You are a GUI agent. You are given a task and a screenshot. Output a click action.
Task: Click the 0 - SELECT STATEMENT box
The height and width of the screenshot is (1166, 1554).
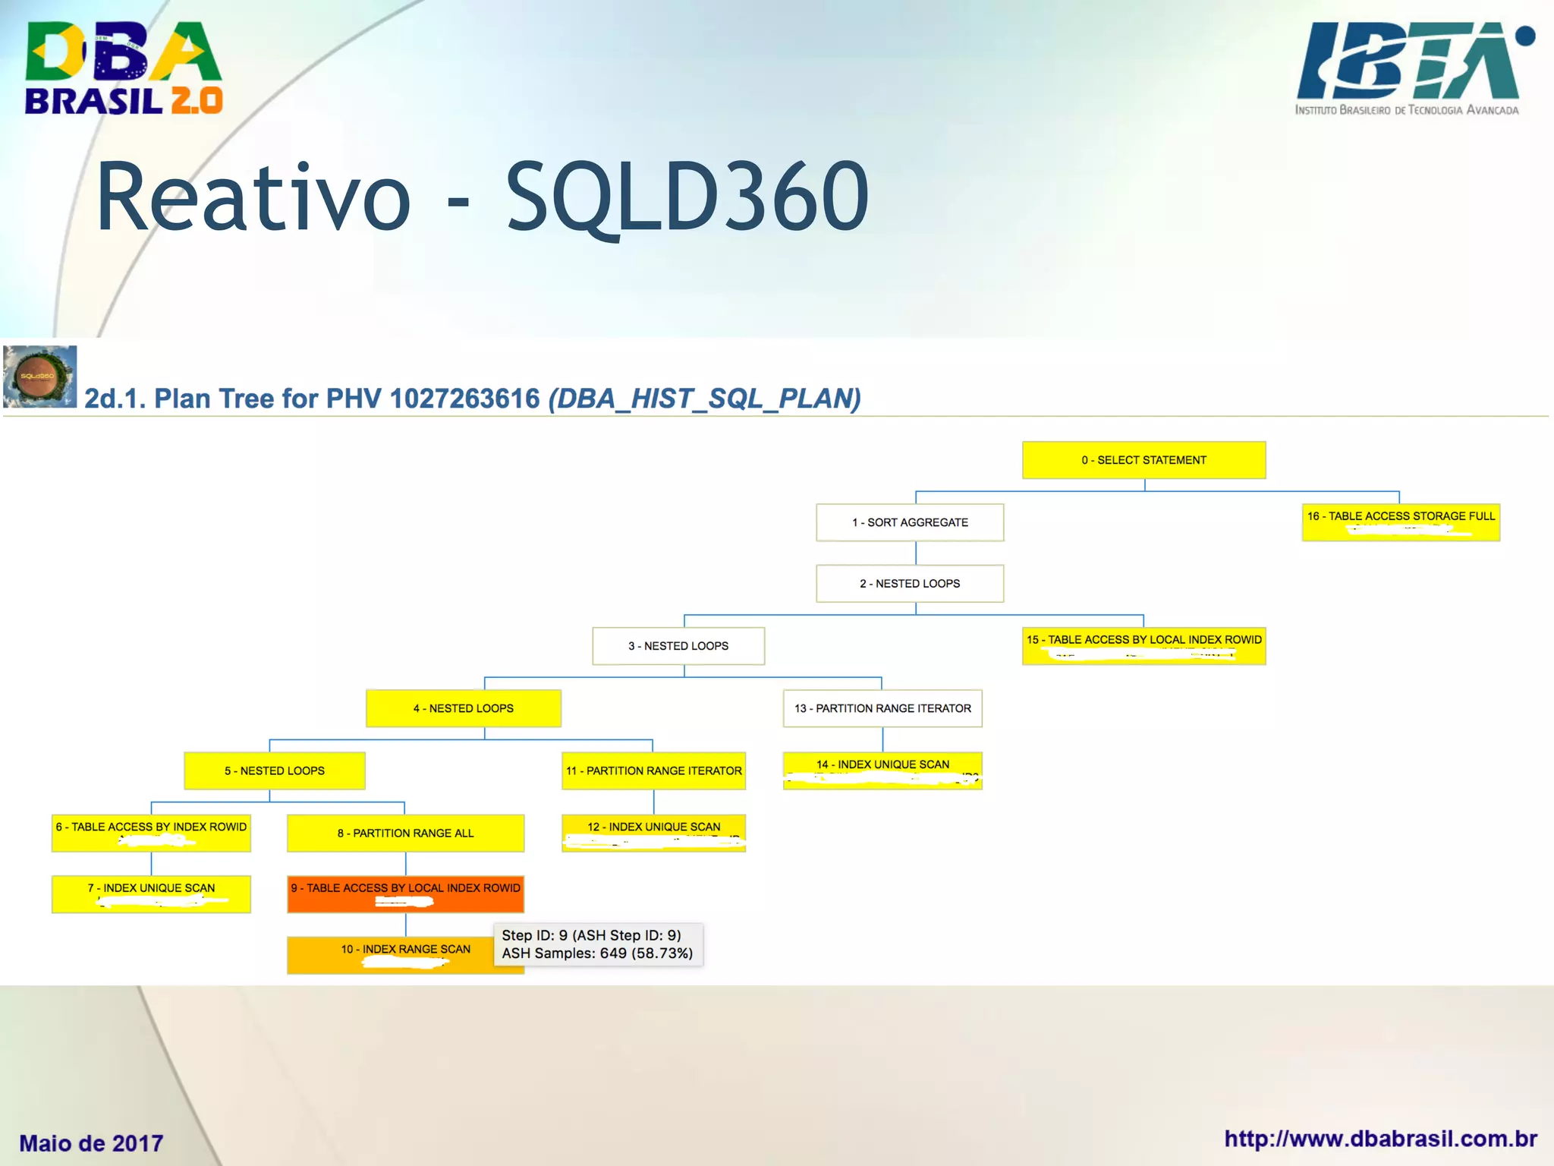1143,460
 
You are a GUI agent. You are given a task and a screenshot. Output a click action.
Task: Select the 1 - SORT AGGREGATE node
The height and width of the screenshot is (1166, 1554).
910,522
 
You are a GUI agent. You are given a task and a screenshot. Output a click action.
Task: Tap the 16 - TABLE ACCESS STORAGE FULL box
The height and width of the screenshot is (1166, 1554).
1401,522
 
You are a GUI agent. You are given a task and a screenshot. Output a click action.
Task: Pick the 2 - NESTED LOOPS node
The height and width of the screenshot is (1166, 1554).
910,584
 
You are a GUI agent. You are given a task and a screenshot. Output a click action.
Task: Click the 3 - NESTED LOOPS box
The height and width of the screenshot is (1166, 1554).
678,646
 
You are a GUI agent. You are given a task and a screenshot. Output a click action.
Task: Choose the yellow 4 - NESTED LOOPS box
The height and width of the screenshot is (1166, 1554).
463,708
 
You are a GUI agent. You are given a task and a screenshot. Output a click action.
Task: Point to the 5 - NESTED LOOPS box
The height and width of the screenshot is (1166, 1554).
275,771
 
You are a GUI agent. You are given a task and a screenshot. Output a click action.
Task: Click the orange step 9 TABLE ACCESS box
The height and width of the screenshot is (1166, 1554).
405,894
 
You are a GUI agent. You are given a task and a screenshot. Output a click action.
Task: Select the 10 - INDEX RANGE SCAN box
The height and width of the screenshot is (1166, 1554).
391,955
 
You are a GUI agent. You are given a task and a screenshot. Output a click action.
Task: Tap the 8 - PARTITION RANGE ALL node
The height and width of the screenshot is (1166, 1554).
405,833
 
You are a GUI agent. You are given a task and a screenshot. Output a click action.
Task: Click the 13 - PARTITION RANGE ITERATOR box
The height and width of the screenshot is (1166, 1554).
882,708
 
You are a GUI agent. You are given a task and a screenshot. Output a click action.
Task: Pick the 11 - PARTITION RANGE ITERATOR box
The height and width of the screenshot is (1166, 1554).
653,771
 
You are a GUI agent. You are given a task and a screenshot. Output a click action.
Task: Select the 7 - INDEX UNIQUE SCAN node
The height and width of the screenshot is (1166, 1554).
151,894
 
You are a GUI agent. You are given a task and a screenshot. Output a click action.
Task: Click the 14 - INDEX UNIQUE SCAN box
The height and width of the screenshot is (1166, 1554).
882,771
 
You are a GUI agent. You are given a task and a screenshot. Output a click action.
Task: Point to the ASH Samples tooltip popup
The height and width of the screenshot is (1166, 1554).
598,944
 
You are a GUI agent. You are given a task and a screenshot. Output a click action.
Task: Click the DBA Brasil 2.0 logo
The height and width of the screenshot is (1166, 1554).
124,68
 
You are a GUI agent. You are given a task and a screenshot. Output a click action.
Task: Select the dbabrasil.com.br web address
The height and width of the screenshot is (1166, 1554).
1380,1139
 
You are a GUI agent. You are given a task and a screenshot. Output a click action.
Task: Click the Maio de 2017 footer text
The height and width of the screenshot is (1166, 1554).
91,1142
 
